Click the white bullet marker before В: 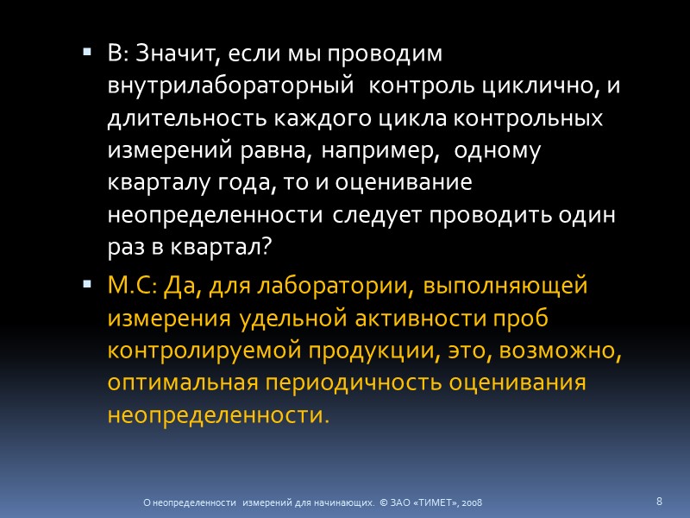(87, 54)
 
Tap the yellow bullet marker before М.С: (87, 284)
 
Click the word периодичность (374, 382)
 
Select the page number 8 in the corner (659, 501)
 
